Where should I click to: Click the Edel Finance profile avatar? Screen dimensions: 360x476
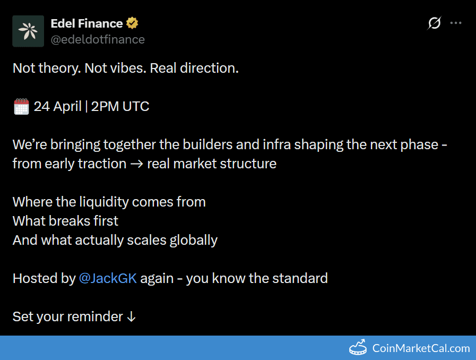(x=28, y=31)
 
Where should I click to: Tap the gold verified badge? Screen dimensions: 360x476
(x=132, y=23)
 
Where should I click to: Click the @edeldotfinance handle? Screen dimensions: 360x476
(x=98, y=39)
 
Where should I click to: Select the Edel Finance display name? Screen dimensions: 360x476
(x=86, y=23)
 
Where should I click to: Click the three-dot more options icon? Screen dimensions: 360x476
(x=456, y=23)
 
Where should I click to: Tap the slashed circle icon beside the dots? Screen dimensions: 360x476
(x=434, y=23)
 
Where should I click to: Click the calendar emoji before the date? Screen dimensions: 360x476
(x=21, y=107)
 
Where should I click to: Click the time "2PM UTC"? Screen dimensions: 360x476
(x=120, y=106)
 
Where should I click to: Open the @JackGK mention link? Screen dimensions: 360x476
(x=108, y=278)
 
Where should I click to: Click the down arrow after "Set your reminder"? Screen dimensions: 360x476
(x=132, y=316)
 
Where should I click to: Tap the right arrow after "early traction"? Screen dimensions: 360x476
(x=137, y=164)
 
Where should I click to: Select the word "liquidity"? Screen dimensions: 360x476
(x=104, y=202)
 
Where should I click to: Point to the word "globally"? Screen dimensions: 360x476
(x=193, y=240)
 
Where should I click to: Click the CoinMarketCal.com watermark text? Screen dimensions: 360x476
(x=421, y=348)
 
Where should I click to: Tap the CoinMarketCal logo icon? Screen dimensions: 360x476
(x=358, y=348)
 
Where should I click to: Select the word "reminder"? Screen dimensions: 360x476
(x=97, y=316)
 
